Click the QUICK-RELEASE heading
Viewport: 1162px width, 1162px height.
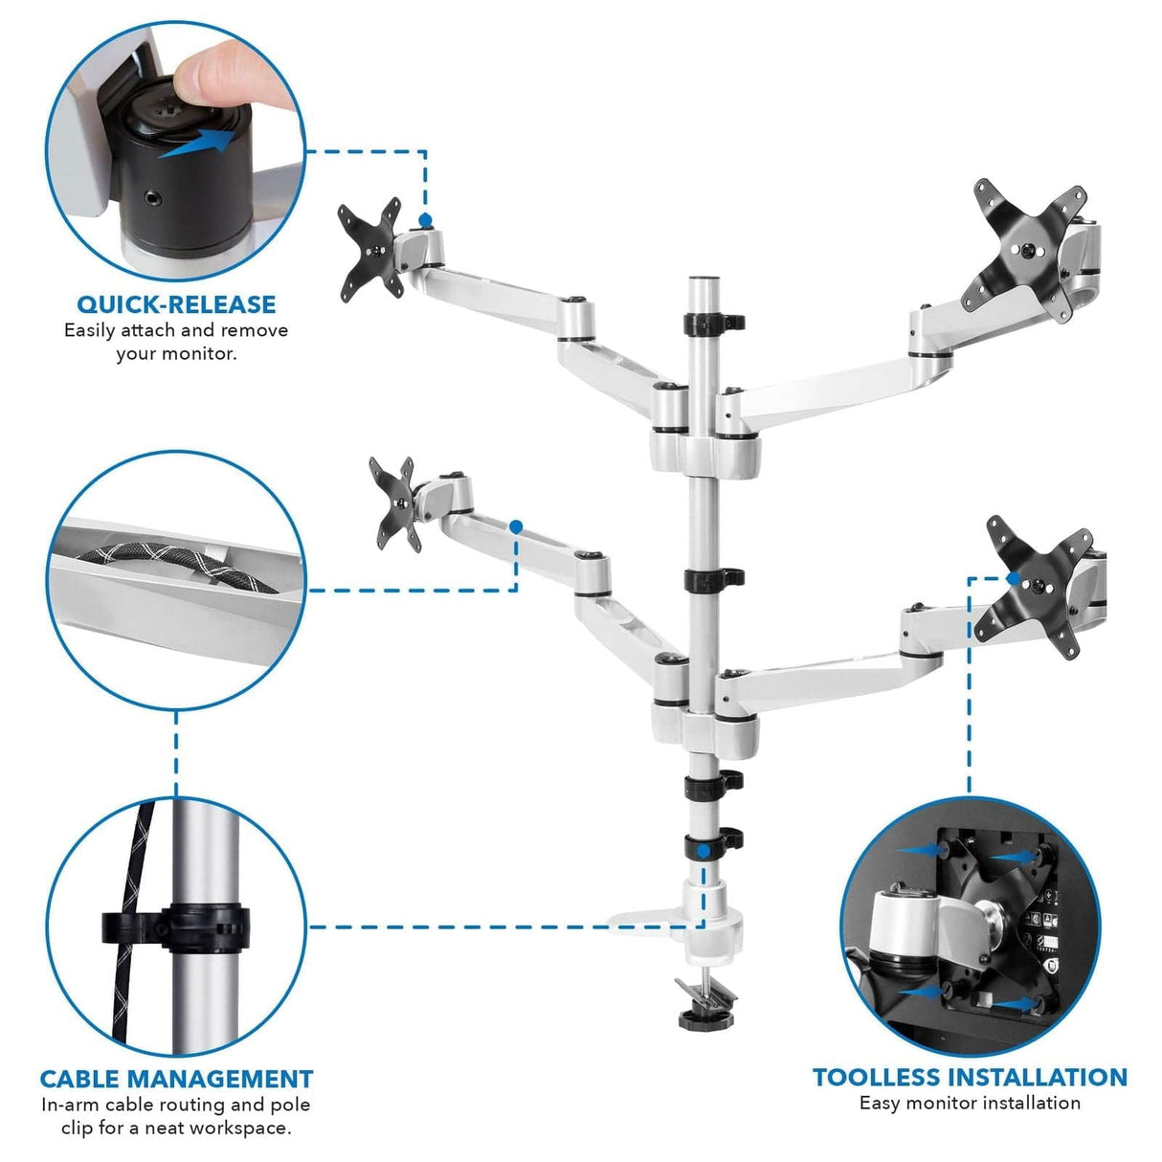[176, 304]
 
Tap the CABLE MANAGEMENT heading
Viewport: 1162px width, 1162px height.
[176, 1079]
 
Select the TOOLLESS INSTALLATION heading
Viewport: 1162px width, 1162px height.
[970, 1077]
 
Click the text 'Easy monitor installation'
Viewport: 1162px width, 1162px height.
[970, 1103]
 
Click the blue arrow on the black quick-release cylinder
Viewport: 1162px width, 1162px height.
[196, 145]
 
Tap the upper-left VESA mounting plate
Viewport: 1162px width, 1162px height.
[369, 248]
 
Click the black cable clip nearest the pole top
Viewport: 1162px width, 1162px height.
[713, 322]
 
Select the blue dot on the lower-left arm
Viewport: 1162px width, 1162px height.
[516, 526]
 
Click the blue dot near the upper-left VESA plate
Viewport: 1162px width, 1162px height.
[425, 220]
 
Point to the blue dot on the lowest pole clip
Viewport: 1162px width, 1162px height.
[704, 850]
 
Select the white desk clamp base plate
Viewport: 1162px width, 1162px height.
[660, 921]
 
